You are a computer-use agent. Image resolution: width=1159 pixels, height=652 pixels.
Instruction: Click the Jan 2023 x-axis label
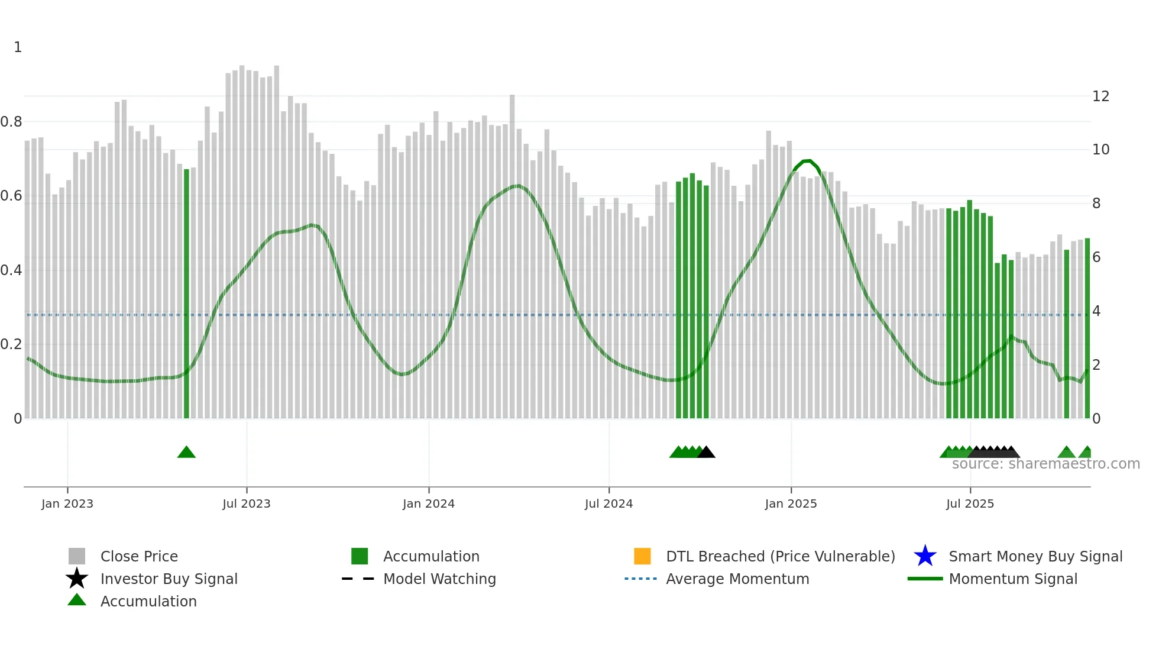[67, 503]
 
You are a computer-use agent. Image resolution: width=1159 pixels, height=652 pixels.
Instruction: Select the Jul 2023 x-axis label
[247, 503]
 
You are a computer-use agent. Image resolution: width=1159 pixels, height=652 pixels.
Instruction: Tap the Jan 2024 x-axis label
[429, 503]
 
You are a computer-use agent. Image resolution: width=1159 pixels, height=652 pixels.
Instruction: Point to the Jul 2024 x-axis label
[608, 503]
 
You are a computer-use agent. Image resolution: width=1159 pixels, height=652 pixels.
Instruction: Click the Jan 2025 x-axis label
[791, 503]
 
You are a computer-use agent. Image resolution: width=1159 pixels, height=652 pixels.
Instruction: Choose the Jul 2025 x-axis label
[970, 503]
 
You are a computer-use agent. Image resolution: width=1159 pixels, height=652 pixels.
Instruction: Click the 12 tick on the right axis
[1100, 96]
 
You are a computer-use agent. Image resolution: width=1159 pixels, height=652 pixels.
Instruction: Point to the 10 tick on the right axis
[1100, 150]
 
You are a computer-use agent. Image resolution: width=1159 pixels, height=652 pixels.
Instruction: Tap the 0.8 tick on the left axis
[11, 122]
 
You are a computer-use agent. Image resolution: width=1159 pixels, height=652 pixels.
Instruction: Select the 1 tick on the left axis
[18, 47]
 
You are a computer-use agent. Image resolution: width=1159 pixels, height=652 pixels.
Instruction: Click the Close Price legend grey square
[77, 556]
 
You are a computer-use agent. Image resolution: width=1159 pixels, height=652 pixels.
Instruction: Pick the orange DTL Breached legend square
[642, 556]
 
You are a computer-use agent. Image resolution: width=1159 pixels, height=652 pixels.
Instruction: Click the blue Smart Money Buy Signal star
[925, 556]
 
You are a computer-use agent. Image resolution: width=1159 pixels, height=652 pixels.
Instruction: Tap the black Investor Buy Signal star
[77, 579]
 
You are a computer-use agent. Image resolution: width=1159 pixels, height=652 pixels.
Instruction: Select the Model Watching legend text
[439, 579]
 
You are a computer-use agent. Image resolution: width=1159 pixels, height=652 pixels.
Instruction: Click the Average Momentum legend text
[737, 579]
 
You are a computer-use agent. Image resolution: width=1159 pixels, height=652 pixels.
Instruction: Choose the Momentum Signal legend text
[1013, 579]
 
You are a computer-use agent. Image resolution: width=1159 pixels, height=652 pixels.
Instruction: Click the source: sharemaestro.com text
[1045, 464]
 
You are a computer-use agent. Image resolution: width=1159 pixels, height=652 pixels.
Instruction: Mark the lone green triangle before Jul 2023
[186, 453]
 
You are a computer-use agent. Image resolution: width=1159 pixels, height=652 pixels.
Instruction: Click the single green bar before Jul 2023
[186, 296]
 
